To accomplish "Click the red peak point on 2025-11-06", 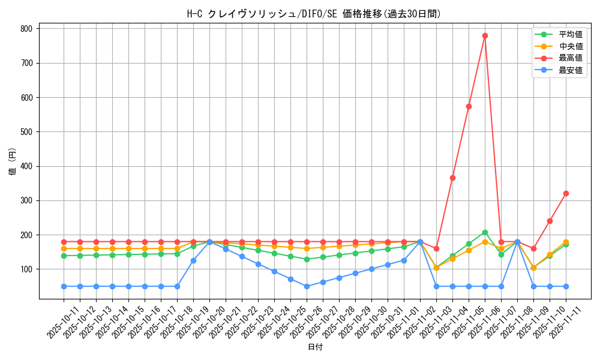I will pos(485,35).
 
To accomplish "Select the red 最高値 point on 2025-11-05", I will pos(469,106).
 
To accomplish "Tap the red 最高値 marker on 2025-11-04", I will pos(452,178).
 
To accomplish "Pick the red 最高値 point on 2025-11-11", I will pos(566,193).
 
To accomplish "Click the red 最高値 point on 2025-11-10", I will pos(550,221).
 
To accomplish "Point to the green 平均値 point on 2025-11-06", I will pos(485,232).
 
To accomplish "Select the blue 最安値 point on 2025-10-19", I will pos(193,260).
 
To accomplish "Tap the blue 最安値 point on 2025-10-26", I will pos(307,286).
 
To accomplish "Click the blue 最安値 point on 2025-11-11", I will pos(566,286).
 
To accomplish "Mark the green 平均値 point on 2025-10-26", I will pos(307,259).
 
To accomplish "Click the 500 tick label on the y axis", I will pos(27,131).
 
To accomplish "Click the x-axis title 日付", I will pos(315,347).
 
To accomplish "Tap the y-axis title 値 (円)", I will pos(12,162).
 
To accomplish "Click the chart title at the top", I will pos(315,14).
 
